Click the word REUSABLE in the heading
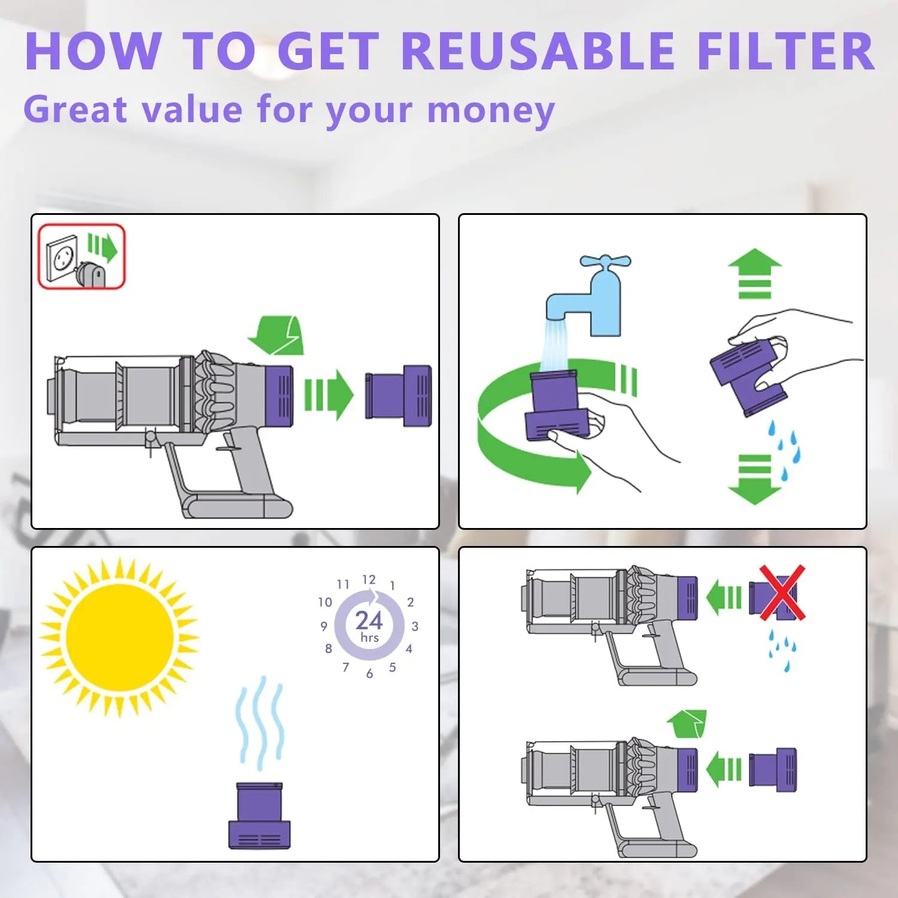click(538, 51)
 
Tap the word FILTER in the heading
click(786, 51)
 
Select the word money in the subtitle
click(491, 111)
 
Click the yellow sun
click(119, 637)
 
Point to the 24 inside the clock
click(369, 620)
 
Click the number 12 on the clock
click(369, 579)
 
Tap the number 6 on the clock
click(369, 674)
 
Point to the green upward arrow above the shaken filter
click(755, 273)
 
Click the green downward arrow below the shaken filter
click(755, 480)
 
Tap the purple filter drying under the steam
click(259, 815)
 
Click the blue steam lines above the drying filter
click(260, 723)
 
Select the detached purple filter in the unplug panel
click(398, 395)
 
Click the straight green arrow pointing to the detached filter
click(329, 395)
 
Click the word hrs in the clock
click(369, 638)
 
